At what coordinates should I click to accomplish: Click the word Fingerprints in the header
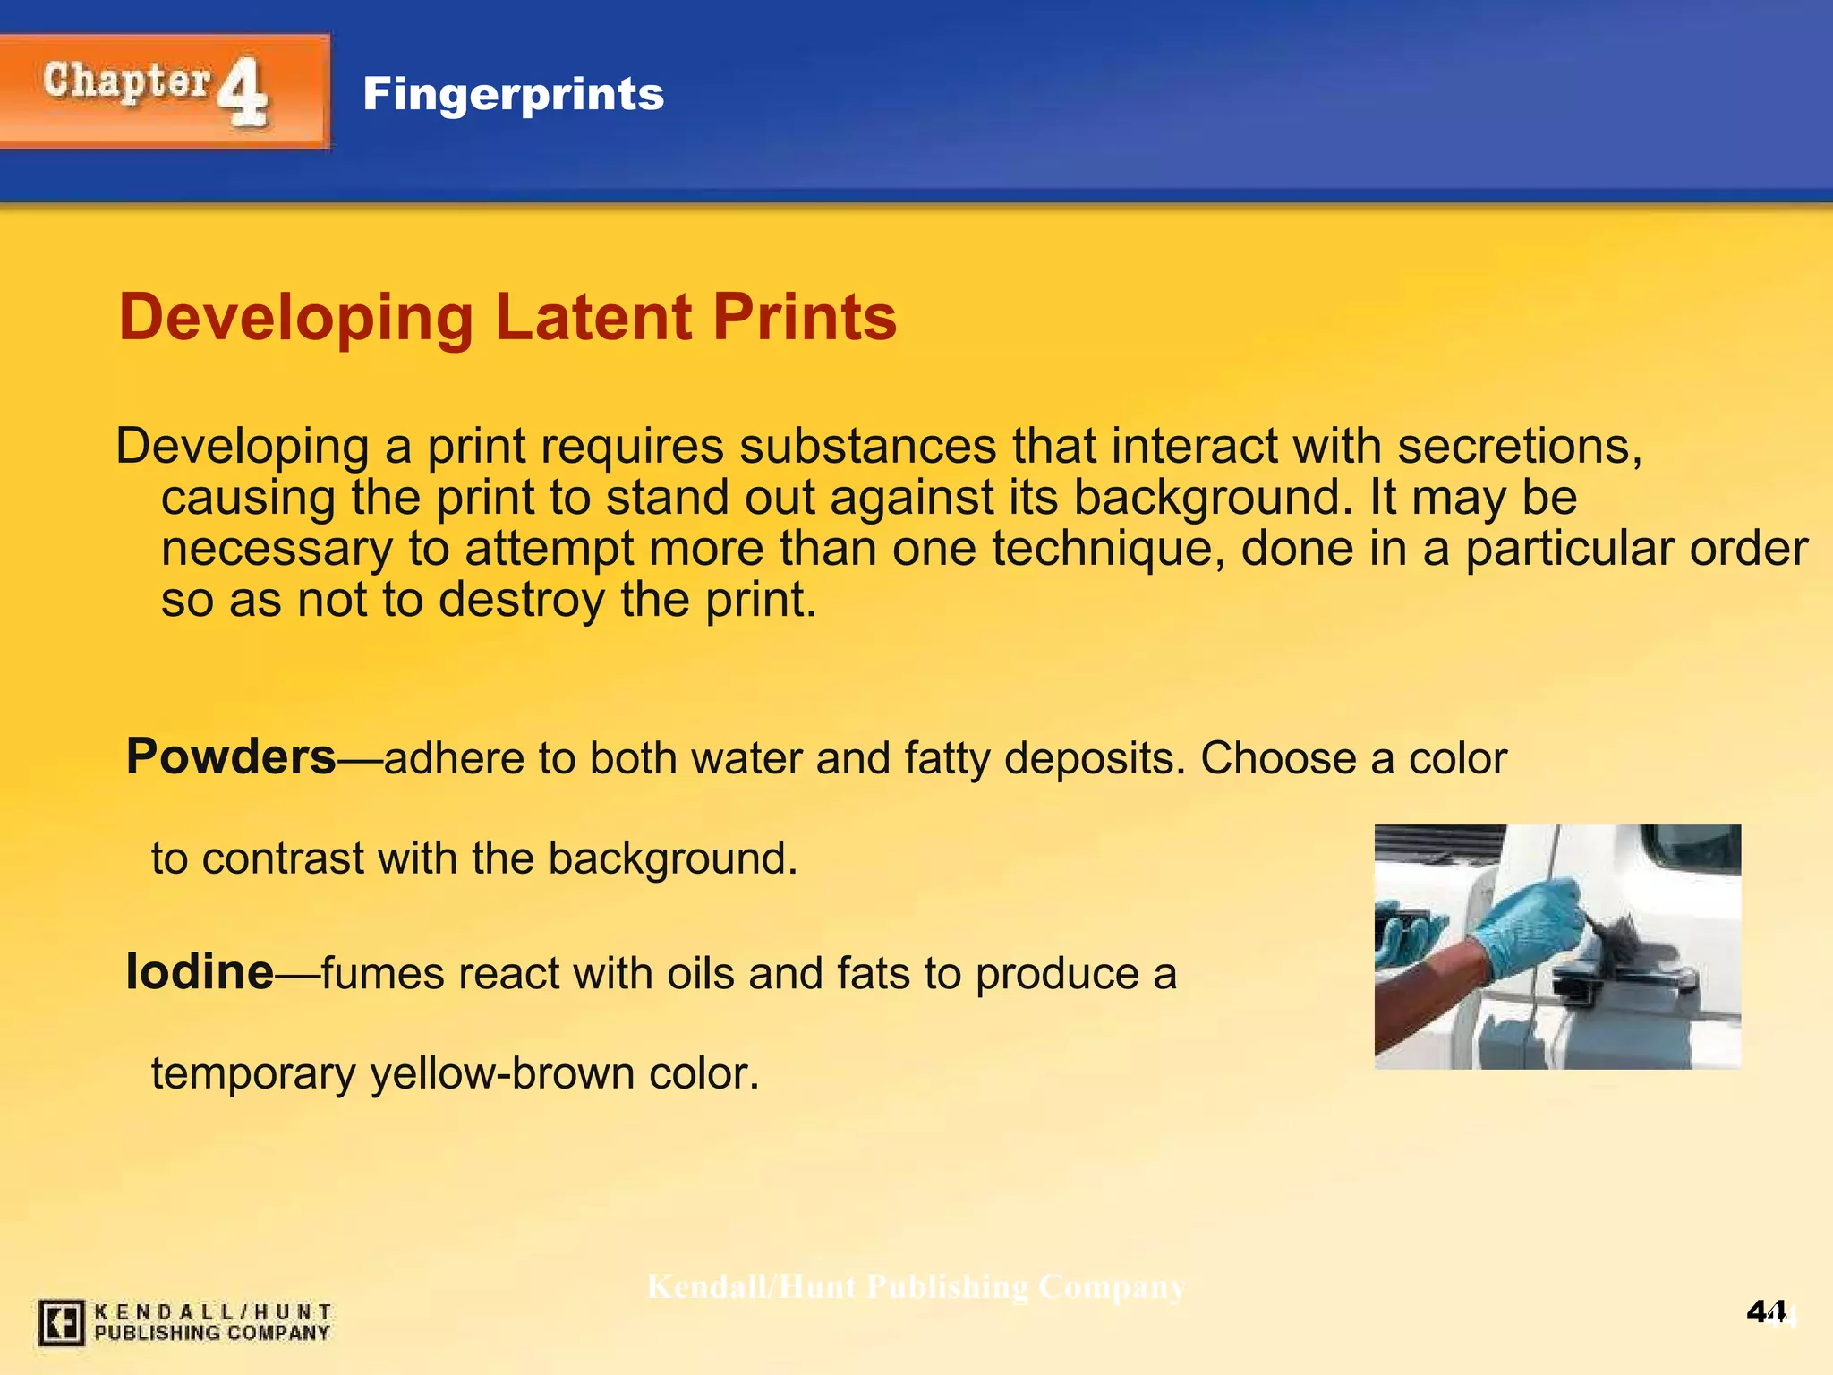[513, 94]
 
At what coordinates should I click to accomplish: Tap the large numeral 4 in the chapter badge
[243, 92]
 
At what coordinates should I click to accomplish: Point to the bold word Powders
[231, 756]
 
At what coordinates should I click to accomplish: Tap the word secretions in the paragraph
[1520, 446]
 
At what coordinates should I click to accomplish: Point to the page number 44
[1767, 1312]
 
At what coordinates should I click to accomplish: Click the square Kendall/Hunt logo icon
[61, 1322]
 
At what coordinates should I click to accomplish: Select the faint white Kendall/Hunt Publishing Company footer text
[916, 1287]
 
